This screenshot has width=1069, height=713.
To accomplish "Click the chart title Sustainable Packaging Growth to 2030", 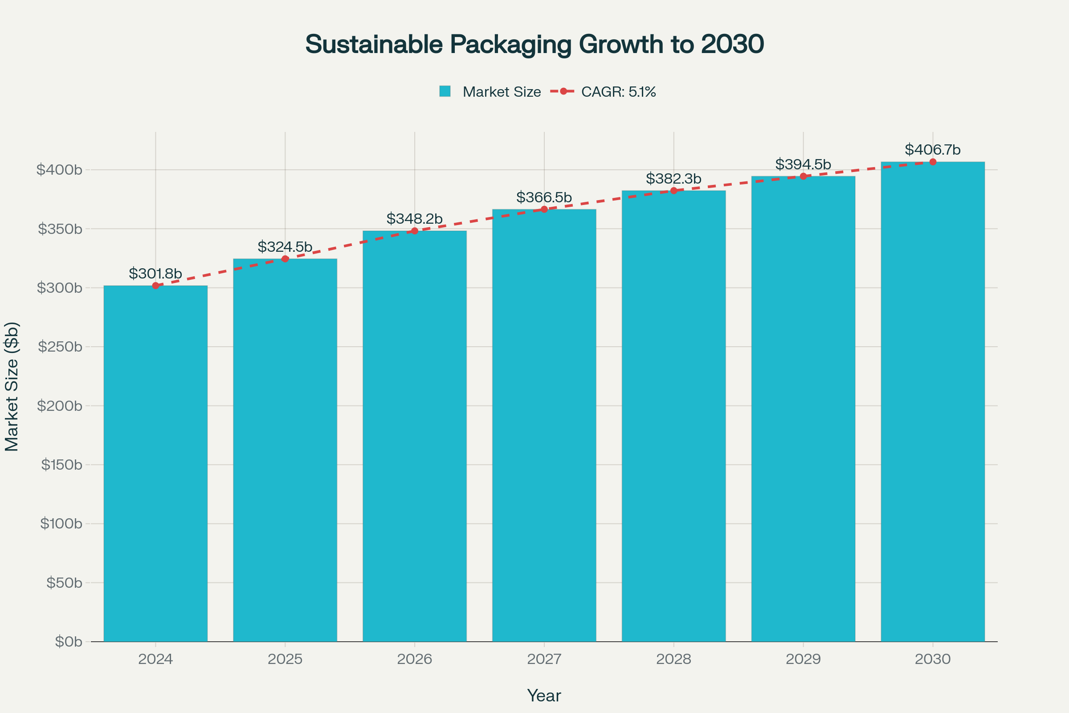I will pyautogui.click(x=534, y=44).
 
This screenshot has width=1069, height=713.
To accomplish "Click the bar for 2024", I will pyautogui.click(x=155, y=464).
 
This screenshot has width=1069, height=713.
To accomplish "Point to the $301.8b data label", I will pyautogui.click(x=155, y=274).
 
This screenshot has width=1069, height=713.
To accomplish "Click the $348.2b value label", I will pyautogui.click(x=415, y=219).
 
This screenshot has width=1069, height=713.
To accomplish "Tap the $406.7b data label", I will pyautogui.click(x=933, y=150).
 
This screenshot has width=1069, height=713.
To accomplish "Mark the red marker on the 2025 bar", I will pyautogui.click(x=285, y=259).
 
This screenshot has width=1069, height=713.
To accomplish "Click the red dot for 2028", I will pyautogui.click(x=673, y=191).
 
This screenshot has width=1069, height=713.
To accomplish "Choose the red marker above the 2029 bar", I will pyautogui.click(x=803, y=176).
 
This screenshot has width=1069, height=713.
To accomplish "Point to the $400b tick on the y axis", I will pyautogui.click(x=60, y=170).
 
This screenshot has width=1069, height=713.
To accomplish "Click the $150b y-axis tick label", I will pyautogui.click(x=61, y=465).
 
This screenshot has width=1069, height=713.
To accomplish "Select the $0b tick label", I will pyautogui.click(x=68, y=642).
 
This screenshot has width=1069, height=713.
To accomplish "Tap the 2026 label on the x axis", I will pyautogui.click(x=415, y=660).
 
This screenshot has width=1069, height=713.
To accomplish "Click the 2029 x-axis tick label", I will pyautogui.click(x=803, y=660).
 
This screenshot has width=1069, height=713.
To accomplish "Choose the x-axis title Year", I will pyautogui.click(x=544, y=696).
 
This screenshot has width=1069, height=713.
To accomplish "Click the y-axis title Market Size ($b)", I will pyautogui.click(x=12, y=386).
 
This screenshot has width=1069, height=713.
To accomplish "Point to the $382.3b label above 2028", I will pyautogui.click(x=673, y=179).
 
